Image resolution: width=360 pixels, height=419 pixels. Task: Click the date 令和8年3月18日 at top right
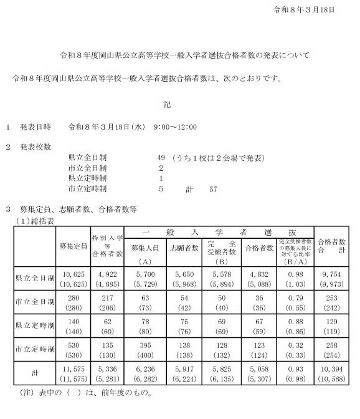point(305,10)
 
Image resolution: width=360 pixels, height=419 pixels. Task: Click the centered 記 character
point(167,104)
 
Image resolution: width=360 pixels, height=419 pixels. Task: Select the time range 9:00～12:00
point(175,127)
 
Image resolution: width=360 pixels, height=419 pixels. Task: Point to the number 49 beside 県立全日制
point(161,158)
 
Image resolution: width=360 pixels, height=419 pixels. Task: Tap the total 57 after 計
point(212,188)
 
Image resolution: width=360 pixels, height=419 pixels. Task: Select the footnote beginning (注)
point(81,394)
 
